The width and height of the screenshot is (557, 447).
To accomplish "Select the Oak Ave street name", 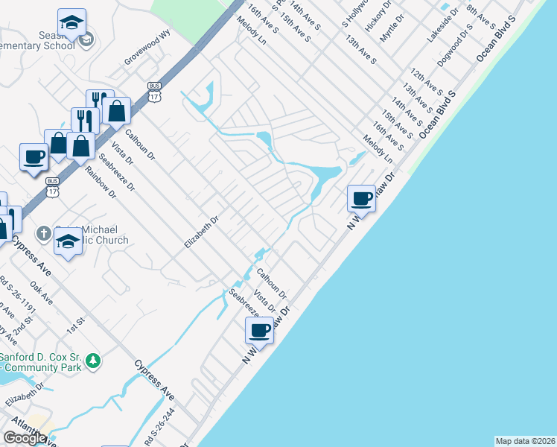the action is point(41,292).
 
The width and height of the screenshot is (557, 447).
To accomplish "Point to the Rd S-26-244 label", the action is point(162,427).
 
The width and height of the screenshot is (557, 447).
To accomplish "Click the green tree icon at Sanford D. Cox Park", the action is point(92,361).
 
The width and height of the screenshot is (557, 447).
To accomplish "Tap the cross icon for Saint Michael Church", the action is point(44,233).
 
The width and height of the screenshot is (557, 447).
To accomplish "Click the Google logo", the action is point(25,438).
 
